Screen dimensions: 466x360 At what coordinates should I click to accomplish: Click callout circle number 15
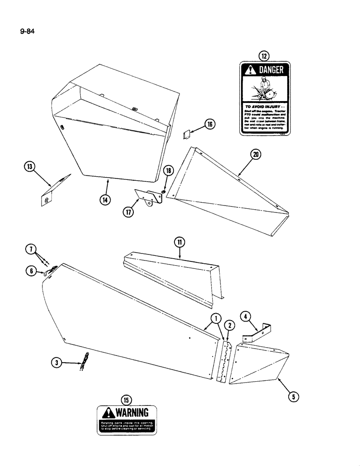[x=126, y=399]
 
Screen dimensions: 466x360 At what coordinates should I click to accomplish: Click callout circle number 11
[x=180, y=242]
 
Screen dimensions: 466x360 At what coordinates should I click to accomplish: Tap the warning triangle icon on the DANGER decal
[x=251, y=70]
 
